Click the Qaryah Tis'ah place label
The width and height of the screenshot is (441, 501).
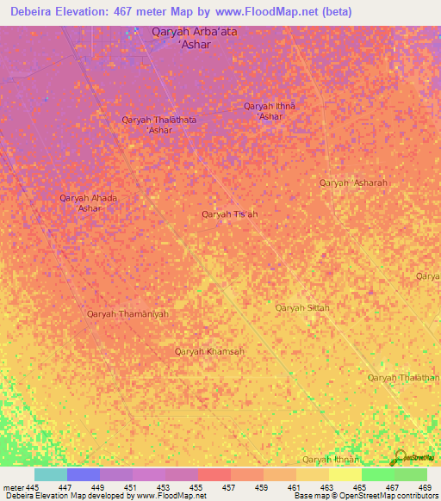[229, 213]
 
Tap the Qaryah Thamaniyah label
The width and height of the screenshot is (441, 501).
[127, 314]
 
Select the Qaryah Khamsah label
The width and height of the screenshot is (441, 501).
[209, 351]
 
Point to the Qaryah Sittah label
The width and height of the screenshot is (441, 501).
[302, 307]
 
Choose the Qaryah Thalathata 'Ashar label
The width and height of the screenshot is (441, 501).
[159, 125]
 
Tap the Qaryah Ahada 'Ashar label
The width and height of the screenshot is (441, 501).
[89, 203]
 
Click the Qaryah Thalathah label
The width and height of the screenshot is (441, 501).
[403, 378]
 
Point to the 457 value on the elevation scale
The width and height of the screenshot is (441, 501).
[230, 487]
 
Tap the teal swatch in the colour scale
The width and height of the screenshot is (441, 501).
[51, 474]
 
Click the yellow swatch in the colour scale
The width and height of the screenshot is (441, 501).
[345, 474]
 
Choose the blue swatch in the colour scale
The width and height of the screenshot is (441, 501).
[84, 474]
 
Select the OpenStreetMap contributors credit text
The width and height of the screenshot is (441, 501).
[388, 496]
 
